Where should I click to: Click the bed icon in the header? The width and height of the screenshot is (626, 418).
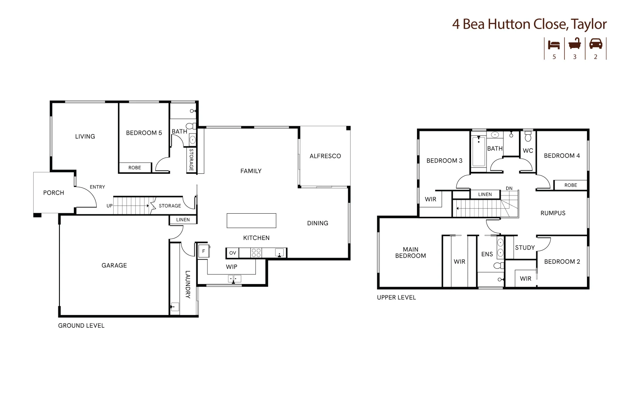(554, 45)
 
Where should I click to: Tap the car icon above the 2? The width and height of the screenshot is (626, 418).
(595, 44)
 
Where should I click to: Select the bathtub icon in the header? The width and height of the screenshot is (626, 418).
(575, 44)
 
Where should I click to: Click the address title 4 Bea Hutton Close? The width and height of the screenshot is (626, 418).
(529, 24)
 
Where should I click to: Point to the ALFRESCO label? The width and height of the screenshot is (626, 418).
(325, 156)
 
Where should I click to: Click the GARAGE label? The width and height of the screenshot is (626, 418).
(114, 265)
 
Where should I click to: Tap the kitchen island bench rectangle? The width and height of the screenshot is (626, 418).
(251, 221)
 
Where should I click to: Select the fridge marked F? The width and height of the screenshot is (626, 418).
(204, 251)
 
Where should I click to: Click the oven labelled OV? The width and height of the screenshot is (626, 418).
(233, 253)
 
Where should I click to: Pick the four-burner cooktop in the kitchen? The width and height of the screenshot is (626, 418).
(256, 253)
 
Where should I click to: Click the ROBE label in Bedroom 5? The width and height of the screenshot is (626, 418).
(135, 168)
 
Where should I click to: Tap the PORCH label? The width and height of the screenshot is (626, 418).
(54, 193)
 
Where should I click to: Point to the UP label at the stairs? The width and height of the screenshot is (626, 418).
(110, 206)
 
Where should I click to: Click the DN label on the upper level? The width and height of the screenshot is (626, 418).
(509, 188)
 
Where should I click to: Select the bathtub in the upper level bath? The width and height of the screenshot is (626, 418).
(478, 151)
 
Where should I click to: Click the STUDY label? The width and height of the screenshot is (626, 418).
(525, 247)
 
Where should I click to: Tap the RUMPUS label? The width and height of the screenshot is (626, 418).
(553, 213)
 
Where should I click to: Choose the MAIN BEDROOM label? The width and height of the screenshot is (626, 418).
(410, 252)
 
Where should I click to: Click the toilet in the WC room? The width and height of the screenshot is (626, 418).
(528, 137)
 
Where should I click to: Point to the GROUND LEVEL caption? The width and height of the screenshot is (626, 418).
(81, 325)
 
